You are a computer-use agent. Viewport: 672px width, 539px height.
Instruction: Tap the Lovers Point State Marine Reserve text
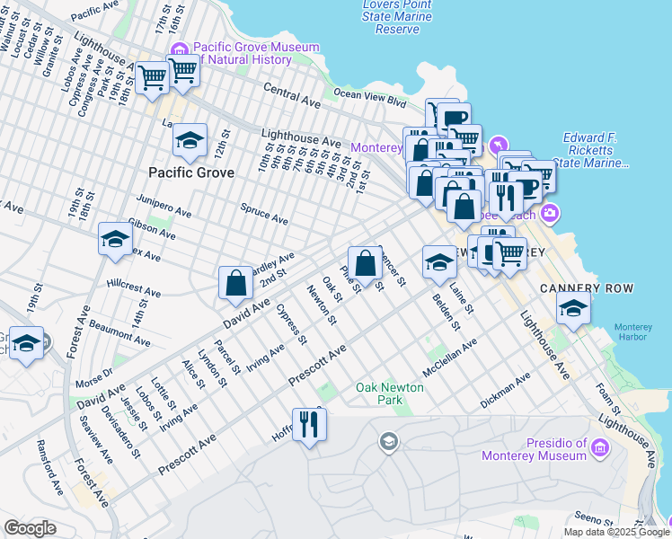(x=396, y=16)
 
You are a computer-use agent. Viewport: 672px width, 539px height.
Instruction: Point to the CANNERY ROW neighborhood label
(x=587, y=288)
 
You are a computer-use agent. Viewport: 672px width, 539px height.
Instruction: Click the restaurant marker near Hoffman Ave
(x=309, y=424)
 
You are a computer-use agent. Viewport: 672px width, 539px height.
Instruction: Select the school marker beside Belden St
(x=438, y=262)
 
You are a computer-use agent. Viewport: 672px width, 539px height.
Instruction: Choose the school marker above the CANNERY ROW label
(x=573, y=308)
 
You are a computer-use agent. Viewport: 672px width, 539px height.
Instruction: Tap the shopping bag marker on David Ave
(x=235, y=283)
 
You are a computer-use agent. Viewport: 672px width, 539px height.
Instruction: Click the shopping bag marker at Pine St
(x=365, y=264)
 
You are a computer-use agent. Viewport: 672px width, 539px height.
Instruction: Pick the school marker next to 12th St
(x=190, y=141)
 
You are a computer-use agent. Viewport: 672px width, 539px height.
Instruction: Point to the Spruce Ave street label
(x=264, y=213)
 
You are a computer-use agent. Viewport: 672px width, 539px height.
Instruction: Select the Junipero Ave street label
(x=164, y=207)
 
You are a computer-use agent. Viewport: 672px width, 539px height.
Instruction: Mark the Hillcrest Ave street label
(x=133, y=287)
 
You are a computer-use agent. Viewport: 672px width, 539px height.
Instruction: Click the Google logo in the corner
(x=30, y=528)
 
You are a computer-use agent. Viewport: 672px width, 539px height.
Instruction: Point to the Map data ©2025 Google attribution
(x=615, y=531)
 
